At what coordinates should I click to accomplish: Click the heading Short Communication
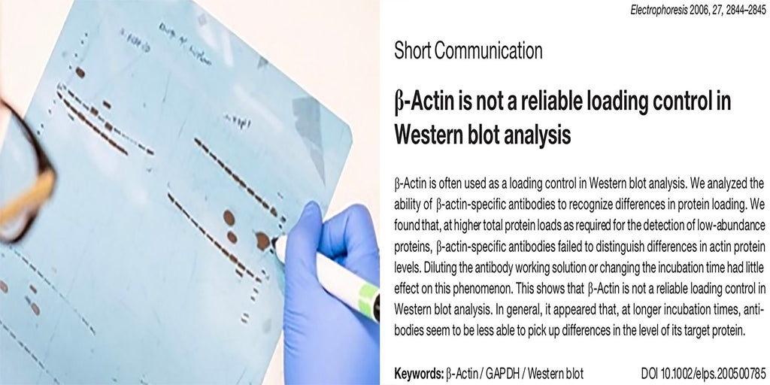coord(468,51)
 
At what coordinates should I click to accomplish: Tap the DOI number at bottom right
coord(703,373)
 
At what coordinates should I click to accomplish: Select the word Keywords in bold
coord(418,373)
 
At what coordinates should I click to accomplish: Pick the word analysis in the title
coord(529,135)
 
